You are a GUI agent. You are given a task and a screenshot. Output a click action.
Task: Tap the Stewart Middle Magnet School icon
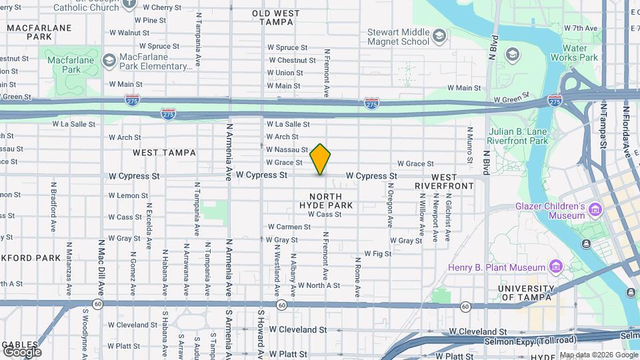(439, 35)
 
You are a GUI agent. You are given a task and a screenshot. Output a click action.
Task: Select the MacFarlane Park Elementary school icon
(108, 61)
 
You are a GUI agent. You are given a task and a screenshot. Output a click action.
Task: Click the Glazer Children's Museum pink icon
(595, 211)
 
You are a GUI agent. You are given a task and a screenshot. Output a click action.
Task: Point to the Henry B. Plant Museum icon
(555, 267)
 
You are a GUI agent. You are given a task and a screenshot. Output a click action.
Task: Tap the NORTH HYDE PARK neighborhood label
(326, 201)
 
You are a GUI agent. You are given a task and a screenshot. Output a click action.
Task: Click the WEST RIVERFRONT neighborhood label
(444, 181)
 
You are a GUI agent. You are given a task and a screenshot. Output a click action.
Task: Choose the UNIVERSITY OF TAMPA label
(525, 293)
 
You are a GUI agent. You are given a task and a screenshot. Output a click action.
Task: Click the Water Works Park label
(579, 53)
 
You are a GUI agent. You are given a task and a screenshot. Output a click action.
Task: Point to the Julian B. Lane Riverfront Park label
(517, 136)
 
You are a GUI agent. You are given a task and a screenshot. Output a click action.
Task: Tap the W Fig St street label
(377, 254)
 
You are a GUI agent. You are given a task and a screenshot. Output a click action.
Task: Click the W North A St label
(319, 285)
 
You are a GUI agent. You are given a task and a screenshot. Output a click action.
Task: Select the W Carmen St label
(289, 227)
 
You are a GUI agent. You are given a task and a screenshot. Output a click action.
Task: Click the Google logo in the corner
(22, 351)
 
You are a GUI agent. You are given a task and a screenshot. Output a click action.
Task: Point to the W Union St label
(285, 73)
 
